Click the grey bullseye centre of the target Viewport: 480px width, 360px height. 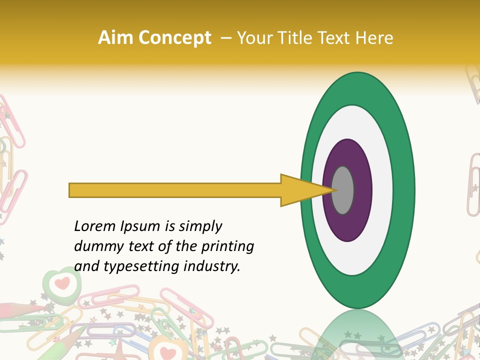pos(343,190)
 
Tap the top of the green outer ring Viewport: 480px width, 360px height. pos(357,88)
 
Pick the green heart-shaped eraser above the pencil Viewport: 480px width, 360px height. pos(61,283)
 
